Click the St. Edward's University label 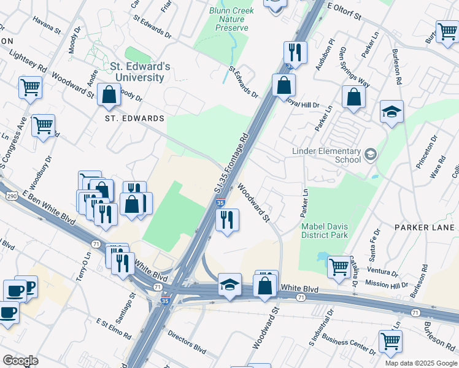137,72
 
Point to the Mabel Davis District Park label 325,230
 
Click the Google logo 20,361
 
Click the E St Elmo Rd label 114,329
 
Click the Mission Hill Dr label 386,285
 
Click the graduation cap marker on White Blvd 229,285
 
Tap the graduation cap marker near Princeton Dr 391,112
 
